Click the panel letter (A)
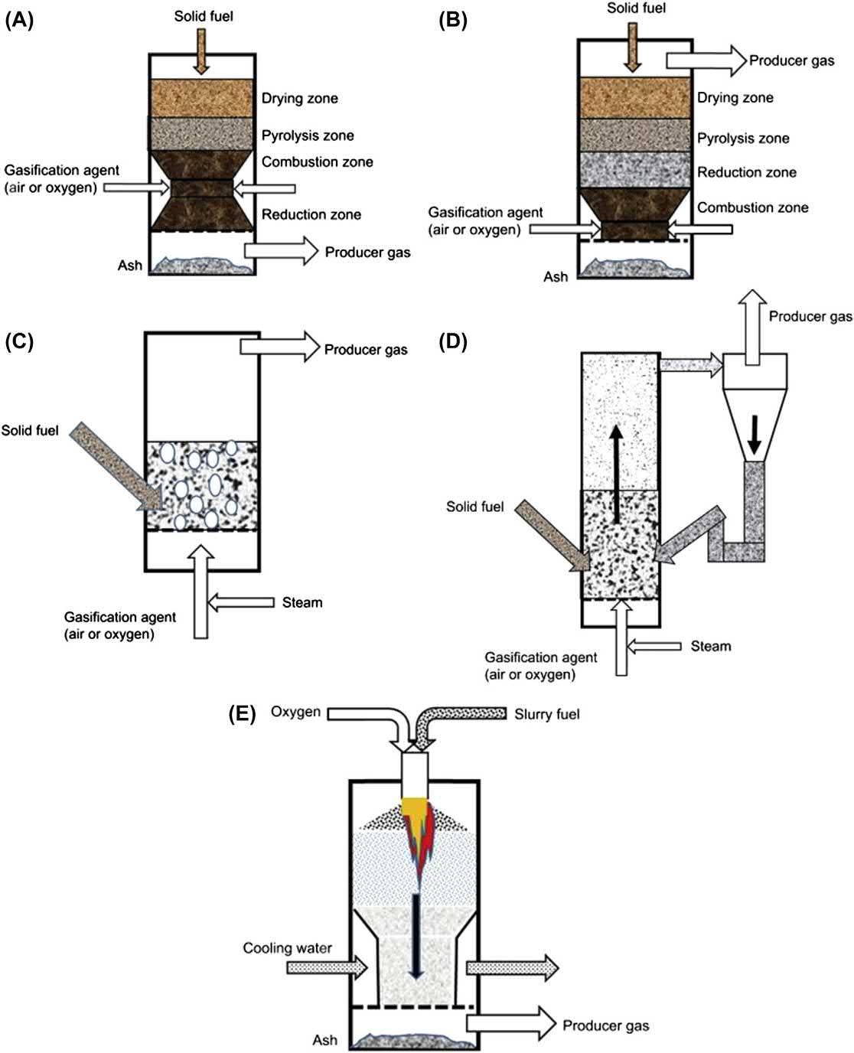click(19, 21)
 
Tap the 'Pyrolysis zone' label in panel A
click(308, 135)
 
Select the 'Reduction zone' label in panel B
click(746, 172)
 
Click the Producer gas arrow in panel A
click(281, 251)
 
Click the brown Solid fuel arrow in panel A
click(200, 51)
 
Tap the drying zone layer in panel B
click(634, 97)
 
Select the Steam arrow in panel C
click(241, 602)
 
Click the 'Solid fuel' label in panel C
click(30, 430)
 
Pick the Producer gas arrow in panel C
click(280, 347)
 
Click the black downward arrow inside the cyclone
click(755, 435)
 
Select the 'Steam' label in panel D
click(711, 646)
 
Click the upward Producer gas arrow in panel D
click(752, 328)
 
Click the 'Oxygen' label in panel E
click(295, 712)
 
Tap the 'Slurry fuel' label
click(546, 714)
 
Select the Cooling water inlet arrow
click(328, 967)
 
